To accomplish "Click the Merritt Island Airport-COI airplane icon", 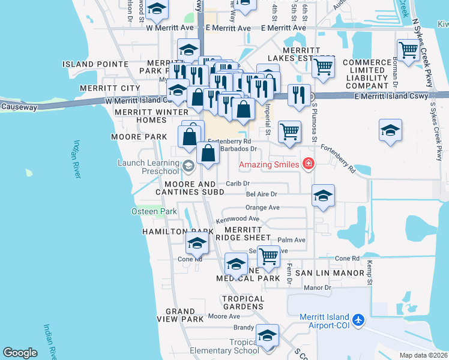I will [359, 320].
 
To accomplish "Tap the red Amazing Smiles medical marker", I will [309, 163].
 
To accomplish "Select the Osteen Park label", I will [154, 211].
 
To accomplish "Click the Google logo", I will [20, 352].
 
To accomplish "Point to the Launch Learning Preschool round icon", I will [188, 165].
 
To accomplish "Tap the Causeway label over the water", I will [19, 107].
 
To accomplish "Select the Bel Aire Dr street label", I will [261, 194].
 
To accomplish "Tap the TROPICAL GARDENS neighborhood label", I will [243, 303].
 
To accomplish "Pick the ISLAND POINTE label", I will [95, 64].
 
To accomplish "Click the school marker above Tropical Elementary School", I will [268, 334].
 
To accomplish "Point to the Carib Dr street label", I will [238, 183].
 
